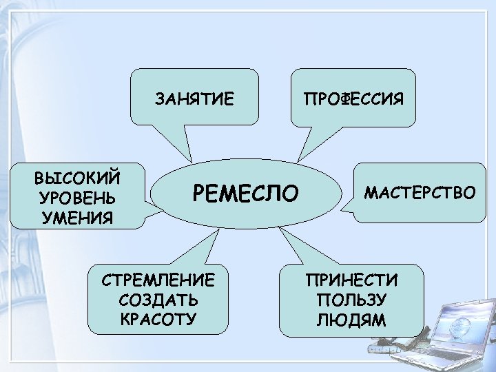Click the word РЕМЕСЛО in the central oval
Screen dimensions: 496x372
pos(247,193)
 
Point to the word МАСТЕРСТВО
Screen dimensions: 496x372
pos(420,192)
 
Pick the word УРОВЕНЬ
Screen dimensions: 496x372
pos(78,198)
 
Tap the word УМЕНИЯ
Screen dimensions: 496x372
pos(77,219)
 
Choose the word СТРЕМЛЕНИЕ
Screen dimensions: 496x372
pos(158,280)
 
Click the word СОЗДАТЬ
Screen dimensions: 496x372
pos(158,300)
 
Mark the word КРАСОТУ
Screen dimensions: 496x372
pos(158,320)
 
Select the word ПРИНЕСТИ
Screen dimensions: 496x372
pos(352,280)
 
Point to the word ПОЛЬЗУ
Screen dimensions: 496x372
pos(352,300)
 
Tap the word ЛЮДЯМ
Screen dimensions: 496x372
pos(352,320)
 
